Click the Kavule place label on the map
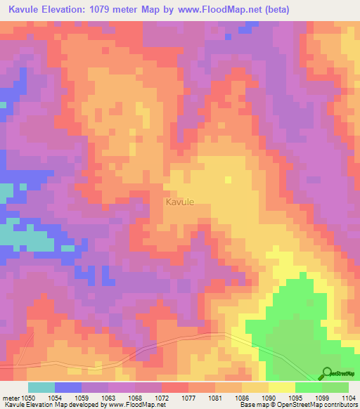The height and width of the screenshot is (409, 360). click(x=179, y=202)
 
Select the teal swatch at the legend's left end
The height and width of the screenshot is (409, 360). click(x=41, y=387)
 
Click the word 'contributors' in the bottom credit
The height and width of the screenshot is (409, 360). click(x=340, y=405)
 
